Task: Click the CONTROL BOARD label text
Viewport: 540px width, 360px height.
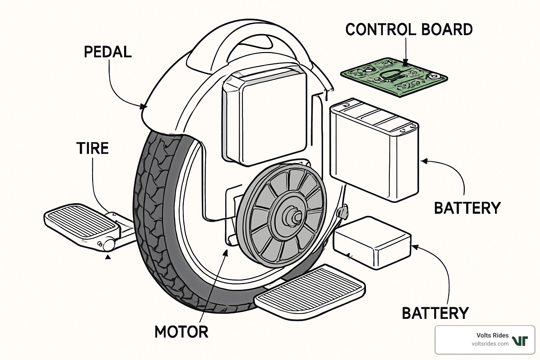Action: pos(409,30)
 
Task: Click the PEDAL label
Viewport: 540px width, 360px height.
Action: pos(108,52)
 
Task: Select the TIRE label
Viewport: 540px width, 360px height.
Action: pos(92,148)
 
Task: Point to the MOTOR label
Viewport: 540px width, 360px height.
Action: pos(181,332)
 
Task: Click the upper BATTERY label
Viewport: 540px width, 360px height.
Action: pos(467,208)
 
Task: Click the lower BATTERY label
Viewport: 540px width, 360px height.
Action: pos(435,313)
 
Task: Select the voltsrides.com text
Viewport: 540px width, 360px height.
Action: pos(490,344)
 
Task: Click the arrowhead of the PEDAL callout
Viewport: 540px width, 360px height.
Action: pos(143,106)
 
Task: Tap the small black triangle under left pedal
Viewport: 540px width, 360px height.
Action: pos(108,257)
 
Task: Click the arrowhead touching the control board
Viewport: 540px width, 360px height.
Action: pos(406,64)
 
